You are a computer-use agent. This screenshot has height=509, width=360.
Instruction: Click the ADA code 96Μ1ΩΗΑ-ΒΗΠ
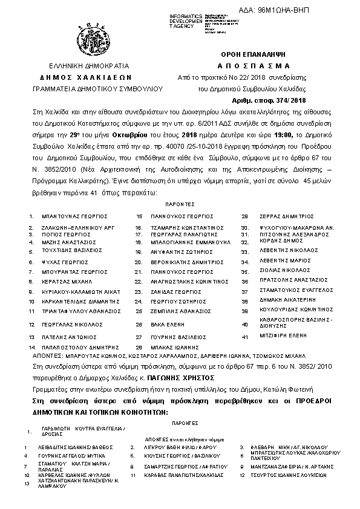tap(307, 10)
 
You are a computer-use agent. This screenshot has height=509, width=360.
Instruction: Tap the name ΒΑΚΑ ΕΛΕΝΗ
tap(163, 324)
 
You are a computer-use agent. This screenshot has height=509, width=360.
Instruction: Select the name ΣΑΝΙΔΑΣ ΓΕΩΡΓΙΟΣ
tap(168, 291)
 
